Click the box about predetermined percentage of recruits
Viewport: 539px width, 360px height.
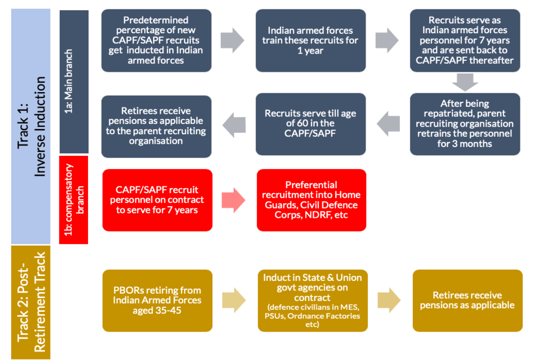[156, 40]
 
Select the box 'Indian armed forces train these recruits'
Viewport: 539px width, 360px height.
[311, 40]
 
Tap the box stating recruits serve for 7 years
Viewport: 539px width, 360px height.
[465, 40]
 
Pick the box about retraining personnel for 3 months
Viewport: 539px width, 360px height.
[465, 124]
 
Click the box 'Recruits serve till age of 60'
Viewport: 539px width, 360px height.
[311, 124]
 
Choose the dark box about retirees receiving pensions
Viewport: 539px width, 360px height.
[156, 126]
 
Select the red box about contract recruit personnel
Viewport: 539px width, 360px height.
[157, 200]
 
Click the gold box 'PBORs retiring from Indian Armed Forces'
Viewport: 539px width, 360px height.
[157, 301]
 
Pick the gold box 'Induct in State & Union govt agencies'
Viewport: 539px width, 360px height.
[312, 301]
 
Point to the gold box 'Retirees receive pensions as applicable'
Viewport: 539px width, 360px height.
[467, 301]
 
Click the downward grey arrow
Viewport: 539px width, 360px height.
[465, 82]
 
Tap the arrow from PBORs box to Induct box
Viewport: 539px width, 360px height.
[234, 300]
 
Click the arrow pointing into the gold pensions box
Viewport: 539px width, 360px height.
[389, 300]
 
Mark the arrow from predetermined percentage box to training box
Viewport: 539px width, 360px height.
[233, 40]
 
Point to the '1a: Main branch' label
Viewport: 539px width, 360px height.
[74, 82]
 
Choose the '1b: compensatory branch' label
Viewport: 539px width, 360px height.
[74, 199]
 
